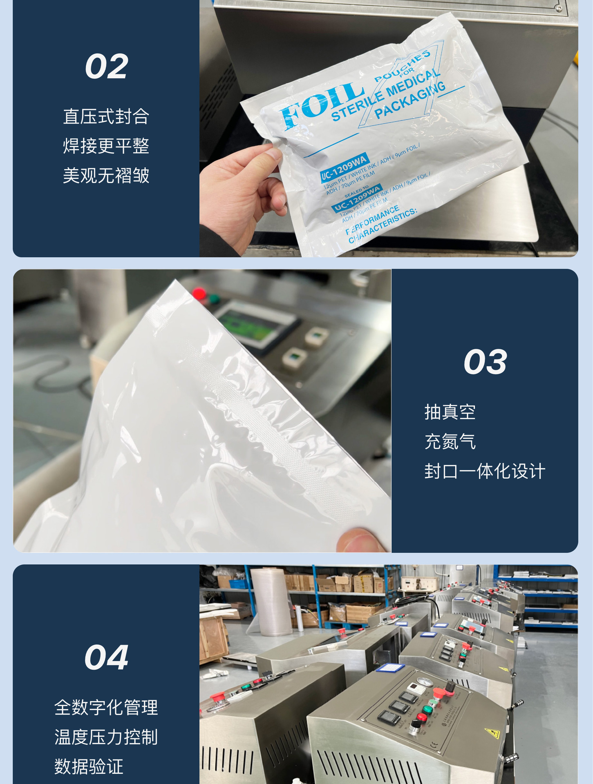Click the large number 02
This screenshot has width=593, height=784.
pyautogui.click(x=106, y=67)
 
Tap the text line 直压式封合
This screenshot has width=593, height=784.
pyautogui.click(x=106, y=116)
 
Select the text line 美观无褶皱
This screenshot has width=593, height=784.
pyautogui.click(x=106, y=176)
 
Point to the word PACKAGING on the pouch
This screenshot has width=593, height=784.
pyautogui.click(x=410, y=100)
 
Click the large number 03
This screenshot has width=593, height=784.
pyautogui.click(x=485, y=362)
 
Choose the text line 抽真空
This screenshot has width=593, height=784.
pyautogui.click(x=450, y=412)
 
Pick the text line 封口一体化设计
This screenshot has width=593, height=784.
pyautogui.click(x=485, y=471)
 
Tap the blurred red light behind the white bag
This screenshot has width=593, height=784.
pyautogui.click(x=199, y=293)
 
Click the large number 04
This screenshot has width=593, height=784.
pyautogui.click(x=106, y=657)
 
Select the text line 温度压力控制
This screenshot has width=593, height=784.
pyautogui.click(x=106, y=737)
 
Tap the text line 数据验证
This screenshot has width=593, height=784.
pyautogui.click(x=89, y=766)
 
